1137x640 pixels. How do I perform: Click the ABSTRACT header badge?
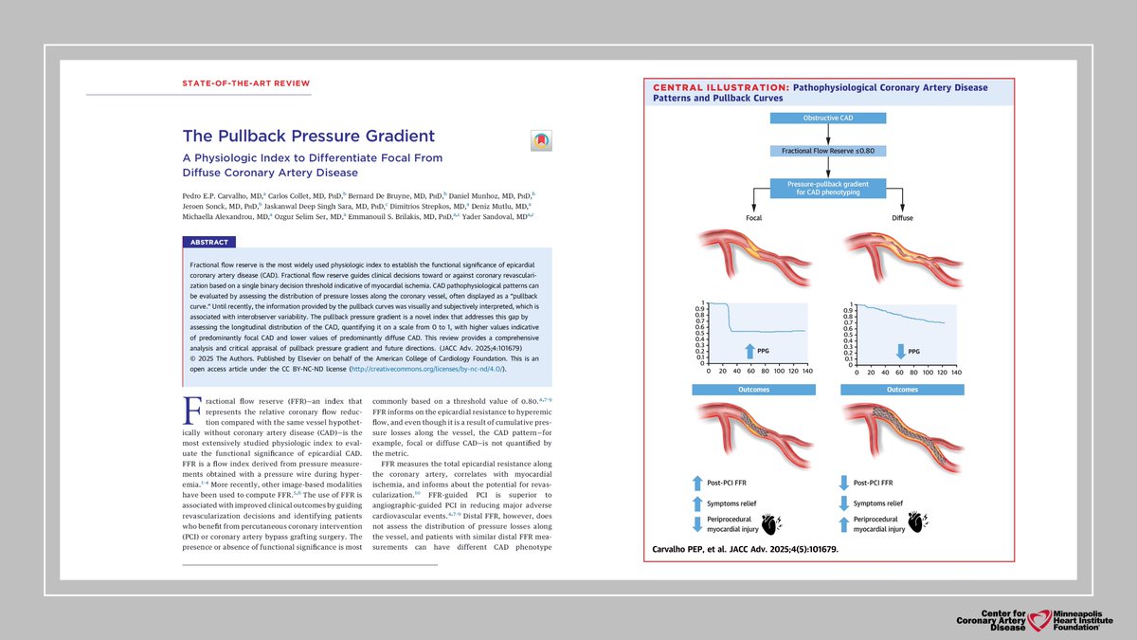tap(208, 242)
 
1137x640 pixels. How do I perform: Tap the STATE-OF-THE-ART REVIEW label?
tap(245, 83)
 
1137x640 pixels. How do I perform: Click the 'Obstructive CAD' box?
tap(828, 119)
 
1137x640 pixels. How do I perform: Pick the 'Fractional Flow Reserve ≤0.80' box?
tap(828, 151)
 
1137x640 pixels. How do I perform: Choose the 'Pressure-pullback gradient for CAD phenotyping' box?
tap(828, 187)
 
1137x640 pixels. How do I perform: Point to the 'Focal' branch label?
tap(753, 217)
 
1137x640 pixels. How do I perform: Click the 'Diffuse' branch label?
tap(903, 217)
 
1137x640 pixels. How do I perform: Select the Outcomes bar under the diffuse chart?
tap(903, 390)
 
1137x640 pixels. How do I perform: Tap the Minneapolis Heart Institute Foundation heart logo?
tap(1043, 619)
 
